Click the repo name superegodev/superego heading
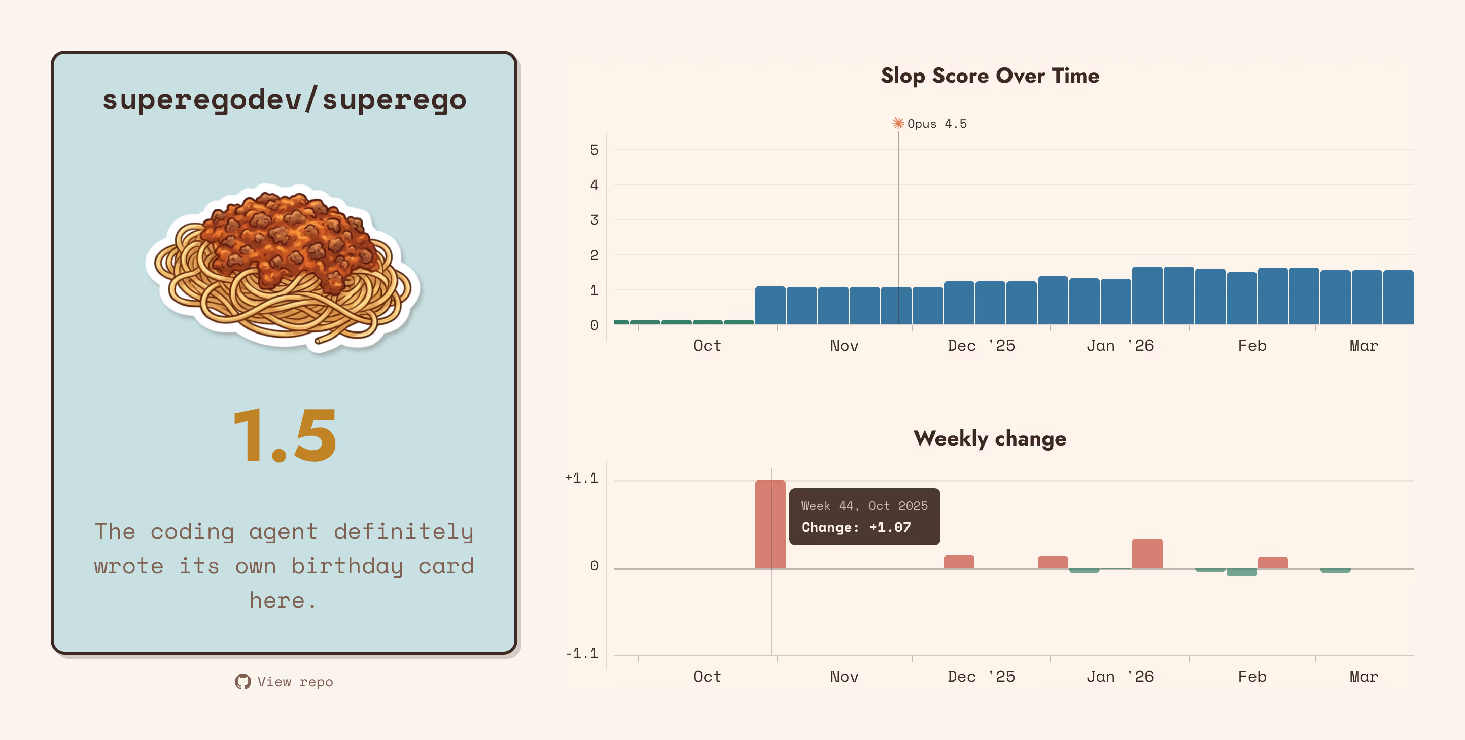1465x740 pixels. click(x=285, y=100)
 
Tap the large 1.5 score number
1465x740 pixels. click(x=285, y=435)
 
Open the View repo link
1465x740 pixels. click(x=295, y=682)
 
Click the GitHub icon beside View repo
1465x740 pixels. click(x=243, y=682)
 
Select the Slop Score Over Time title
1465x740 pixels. click(x=990, y=76)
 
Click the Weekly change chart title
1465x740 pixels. click(x=990, y=439)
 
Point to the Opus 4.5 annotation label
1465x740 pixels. click(x=936, y=123)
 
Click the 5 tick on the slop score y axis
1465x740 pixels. click(x=594, y=150)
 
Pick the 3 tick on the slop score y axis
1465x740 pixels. click(x=594, y=219)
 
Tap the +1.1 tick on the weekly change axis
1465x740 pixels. click(x=581, y=478)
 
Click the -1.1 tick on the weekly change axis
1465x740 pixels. click(x=581, y=654)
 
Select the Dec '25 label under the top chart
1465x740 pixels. click(x=981, y=346)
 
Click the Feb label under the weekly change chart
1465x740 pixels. click(x=1252, y=676)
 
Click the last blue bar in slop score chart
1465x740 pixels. click(x=1398, y=297)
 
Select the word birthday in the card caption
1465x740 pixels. click(x=346, y=566)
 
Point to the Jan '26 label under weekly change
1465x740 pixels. click(x=1119, y=676)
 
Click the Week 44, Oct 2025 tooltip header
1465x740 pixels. click(x=864, y=506)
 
